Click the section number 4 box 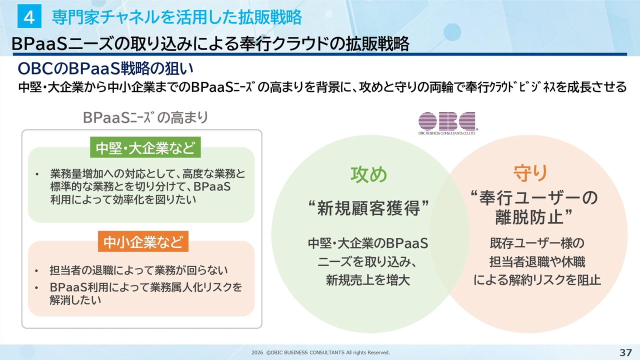(x=29, y=17)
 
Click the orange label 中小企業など (x=143, y=242)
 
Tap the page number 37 (x=625, y=352)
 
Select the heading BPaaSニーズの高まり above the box (x=145, y=118)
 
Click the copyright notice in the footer (x=320, y=352)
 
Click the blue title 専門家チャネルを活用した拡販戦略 (x=176, y=17)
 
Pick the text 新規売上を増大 (x=368, y=280)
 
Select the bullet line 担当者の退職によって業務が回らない (x=138, y=270)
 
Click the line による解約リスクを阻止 (x=537, y=280)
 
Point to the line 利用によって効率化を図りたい (x=122, y=199)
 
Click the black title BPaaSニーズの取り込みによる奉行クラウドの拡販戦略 (x=210, y=44)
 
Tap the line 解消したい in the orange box (x=75, y=300)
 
